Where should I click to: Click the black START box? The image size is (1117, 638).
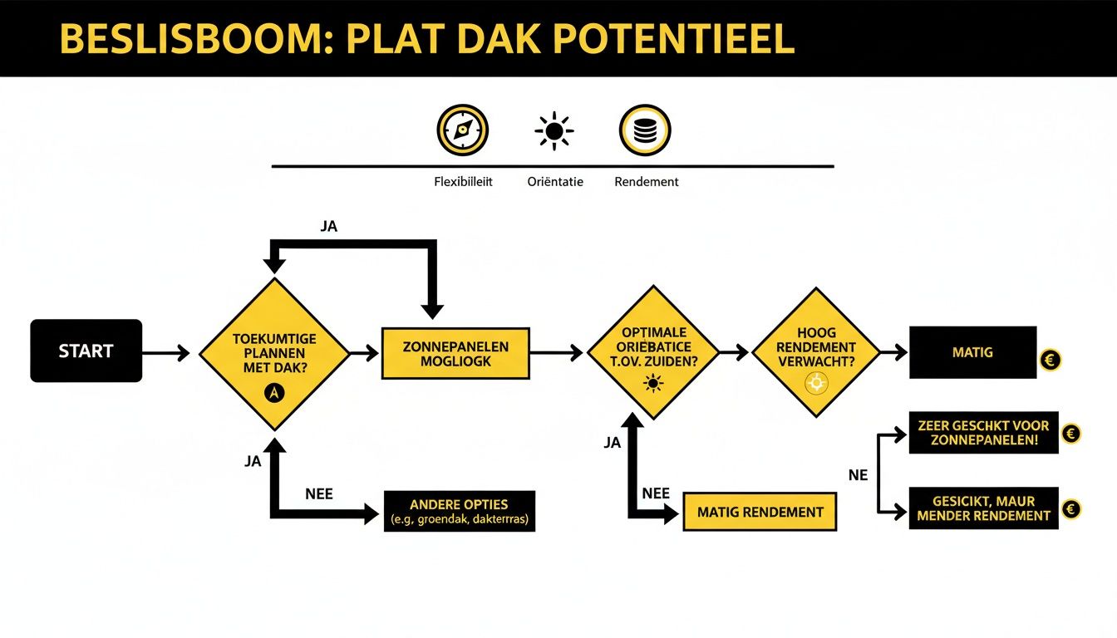pos(86,351)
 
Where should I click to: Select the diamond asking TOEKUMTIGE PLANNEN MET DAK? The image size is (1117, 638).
pos(274,353)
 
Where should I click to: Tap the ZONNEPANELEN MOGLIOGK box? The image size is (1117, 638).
pos(455,353)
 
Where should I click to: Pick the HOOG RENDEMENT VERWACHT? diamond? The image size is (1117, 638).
pos(815,352)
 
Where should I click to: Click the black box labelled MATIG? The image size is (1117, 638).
pos(972,353)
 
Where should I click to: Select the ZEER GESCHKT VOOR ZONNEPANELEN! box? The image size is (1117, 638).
pos(983,432)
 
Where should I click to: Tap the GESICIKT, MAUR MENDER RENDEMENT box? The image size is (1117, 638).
pos(983,508)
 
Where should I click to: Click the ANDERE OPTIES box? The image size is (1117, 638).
pos(459,512)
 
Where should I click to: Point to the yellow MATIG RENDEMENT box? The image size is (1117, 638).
pos(760,513)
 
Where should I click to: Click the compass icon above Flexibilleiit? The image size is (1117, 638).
pos(462,130)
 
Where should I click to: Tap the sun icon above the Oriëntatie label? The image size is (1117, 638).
pos(554,131)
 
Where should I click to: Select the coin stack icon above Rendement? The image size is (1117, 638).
pos(645,130)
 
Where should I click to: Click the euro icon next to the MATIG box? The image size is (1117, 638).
pos(1051,361)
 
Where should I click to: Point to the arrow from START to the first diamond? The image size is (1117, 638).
pos(166,353)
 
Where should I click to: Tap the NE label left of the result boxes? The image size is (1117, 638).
pos(858,475)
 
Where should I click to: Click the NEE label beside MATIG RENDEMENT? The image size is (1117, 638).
pos(656,493)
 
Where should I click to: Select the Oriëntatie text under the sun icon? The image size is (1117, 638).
pos(554,181)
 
